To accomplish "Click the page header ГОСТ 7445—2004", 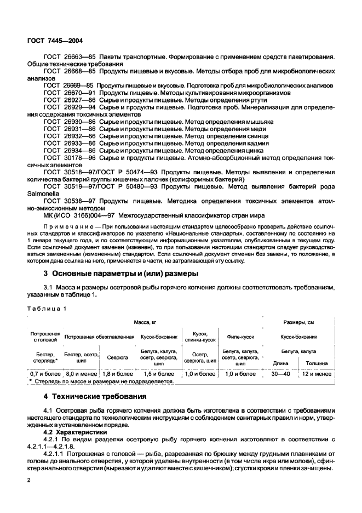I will point(55,41).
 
